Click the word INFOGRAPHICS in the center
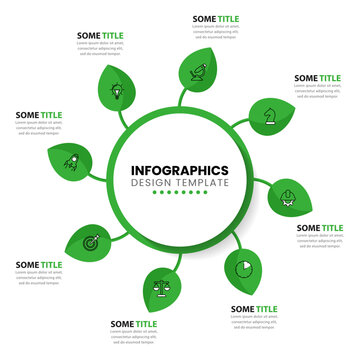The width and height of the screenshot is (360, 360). (x=179, y=170)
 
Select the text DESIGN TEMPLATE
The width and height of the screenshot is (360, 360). (x=179, y=185)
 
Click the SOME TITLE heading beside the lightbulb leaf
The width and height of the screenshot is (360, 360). (x=100, y=35)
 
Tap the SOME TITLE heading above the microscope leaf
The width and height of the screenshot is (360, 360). (x=216, y=18)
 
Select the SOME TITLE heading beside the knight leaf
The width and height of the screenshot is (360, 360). (x=318, y=77)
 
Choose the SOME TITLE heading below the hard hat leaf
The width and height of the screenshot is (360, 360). (x=320, y=228)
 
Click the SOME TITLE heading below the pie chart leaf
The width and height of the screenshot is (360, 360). (x=255, y=309)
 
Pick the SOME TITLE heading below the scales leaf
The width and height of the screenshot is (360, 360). (x=134, y=324)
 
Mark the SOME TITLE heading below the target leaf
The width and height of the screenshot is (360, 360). (x=38, y=264)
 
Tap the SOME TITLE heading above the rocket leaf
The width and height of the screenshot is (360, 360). (x=38, y=115)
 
